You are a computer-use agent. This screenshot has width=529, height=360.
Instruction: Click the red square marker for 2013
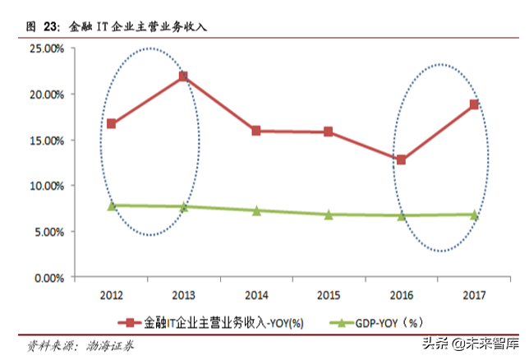point(183,76)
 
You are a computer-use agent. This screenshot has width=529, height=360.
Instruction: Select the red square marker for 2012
point(111,124)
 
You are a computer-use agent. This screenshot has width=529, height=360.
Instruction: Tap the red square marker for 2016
point(401,159)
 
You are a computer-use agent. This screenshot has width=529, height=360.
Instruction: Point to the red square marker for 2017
point(474,104)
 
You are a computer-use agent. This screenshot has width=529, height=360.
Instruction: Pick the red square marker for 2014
point(256,131)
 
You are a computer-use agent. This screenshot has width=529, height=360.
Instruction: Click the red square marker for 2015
point(329,132)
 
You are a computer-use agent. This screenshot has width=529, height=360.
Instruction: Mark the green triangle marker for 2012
point(111,205)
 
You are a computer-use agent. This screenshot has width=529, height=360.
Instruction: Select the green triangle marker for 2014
point(256,210)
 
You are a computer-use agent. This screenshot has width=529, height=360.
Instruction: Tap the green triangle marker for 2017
point(474,215)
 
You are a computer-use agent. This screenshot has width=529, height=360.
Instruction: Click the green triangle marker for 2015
point(329,215)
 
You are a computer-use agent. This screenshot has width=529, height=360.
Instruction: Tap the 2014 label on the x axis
point(256,294)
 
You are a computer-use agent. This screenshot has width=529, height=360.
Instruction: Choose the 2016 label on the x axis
point(401,294)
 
